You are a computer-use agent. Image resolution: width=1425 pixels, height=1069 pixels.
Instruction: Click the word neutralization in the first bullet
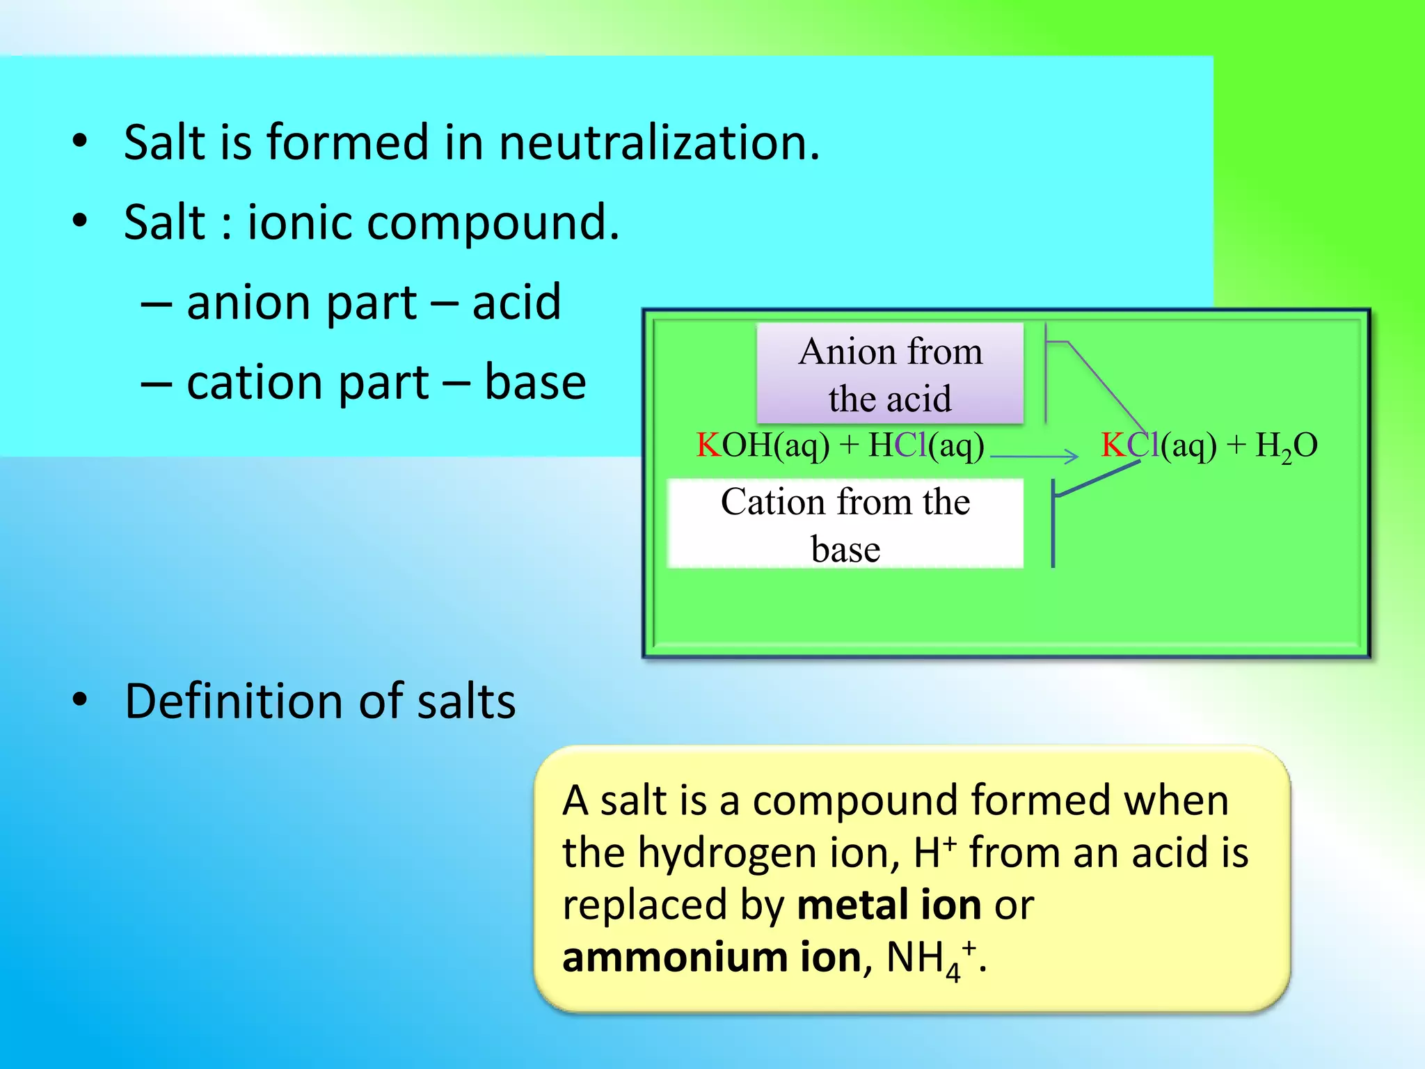click(659, 143)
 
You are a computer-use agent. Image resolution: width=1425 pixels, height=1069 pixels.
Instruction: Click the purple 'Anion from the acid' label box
click(890, 374)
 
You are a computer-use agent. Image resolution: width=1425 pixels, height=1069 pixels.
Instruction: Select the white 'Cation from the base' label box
click(845, 524)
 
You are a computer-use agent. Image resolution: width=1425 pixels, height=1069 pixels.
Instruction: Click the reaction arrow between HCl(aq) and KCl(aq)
click(1034, 457)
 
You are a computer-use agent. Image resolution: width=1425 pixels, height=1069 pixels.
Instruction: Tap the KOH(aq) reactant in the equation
click(763, 445)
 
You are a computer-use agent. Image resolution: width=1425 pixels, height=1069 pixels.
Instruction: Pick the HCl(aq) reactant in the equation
click(926, 445)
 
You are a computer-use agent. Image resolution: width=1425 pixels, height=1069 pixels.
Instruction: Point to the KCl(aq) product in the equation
click(1159, 445)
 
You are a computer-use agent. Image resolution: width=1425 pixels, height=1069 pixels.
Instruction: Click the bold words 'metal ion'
click(889, 905)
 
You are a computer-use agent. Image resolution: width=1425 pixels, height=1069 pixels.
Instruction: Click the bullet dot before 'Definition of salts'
click(80, 700)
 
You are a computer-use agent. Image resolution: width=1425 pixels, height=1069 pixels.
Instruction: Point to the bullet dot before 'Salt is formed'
click(80, 141)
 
